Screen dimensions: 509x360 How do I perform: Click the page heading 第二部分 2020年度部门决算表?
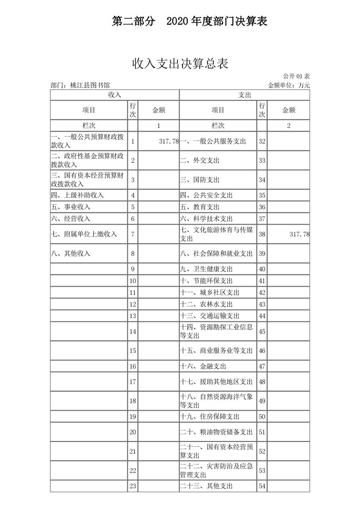(x=189, y=21)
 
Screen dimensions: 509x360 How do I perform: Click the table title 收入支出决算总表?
(x=180, y=64)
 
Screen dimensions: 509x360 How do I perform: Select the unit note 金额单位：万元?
(x=289, y=85)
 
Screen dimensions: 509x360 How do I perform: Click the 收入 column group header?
(x=114, y=95)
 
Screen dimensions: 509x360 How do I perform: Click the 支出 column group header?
(x=245, y=95)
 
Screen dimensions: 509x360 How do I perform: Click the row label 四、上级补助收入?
(x=78, y=195)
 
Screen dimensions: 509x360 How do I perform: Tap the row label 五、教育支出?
(x=200, y=207)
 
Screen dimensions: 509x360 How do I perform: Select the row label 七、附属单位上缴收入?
(x=84, y=234)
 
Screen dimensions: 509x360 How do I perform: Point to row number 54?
(x=262, y=486)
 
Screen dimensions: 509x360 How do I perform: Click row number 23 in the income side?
(x=133, y=486)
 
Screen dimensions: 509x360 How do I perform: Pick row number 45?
(x=262, y=332)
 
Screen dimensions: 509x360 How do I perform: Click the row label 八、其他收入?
(x=71, y=253)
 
